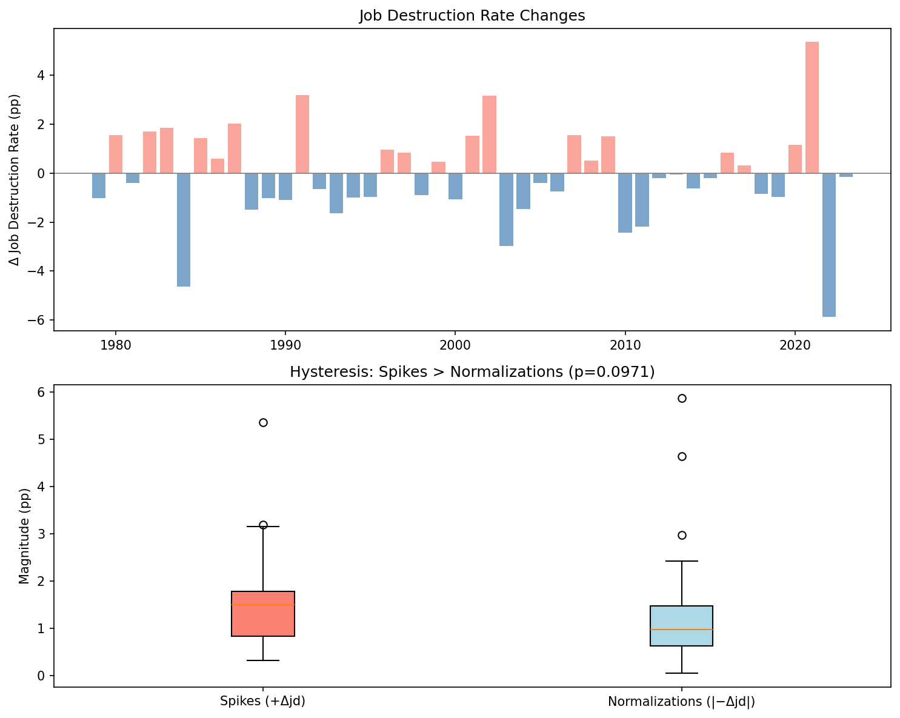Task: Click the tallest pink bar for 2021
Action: (x=812, y=108)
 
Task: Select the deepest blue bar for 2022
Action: (x=828, y=245)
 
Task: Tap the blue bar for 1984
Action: (x=184, y=230)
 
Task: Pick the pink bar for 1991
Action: (x=302, y=135)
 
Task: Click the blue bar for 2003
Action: (x=506, y=210)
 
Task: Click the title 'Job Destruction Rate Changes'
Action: (x=472, y=16)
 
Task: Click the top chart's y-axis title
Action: (x=15, y=179)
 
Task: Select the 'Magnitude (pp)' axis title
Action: (x=24, y=536)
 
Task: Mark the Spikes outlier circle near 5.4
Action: (x=263, y=422)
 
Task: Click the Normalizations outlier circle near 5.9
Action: (x=682, y=398)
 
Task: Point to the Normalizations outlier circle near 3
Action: (x=682, y=535)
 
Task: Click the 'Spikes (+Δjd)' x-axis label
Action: (x=263, y=702)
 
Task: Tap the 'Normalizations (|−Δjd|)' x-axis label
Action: (x=681, y=702)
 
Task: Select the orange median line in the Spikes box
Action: (x=263, y=605)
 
